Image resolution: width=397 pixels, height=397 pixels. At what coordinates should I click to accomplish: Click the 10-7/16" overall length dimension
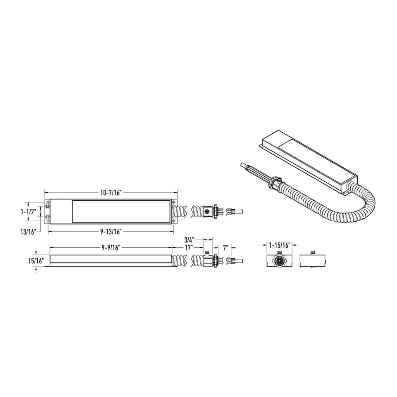111,193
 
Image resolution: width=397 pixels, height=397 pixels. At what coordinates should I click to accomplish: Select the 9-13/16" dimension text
111,232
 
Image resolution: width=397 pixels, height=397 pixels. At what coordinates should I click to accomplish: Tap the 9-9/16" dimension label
111,248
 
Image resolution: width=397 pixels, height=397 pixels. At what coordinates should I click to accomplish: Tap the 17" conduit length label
189,248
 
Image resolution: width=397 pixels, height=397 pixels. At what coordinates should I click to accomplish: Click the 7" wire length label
225,248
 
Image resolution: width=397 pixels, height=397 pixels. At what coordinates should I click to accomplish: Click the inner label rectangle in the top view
121,212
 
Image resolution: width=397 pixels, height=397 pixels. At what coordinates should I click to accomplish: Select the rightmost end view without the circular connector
313,260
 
